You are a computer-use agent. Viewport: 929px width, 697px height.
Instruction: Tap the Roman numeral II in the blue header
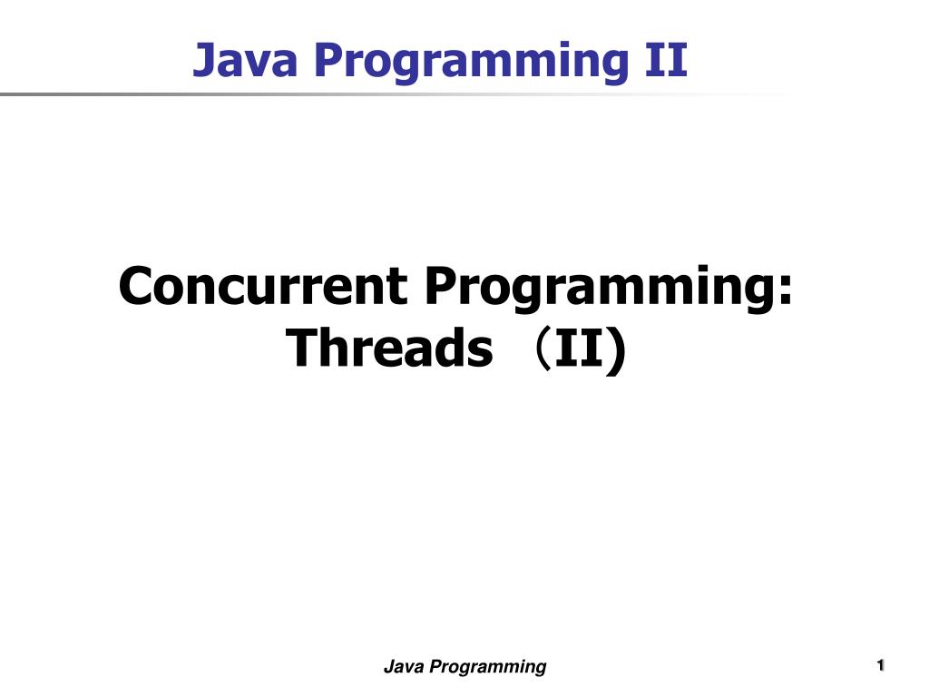click(x=663, y=60)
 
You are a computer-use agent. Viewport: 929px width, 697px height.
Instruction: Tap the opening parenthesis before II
click(x=541, y=349)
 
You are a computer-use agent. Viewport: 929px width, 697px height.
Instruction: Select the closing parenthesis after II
click(x=617, y=349)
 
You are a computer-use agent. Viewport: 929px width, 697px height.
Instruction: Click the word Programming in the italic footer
click(x=488, y=668)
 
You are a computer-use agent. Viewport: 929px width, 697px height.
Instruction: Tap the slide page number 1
click(x=880, y=667)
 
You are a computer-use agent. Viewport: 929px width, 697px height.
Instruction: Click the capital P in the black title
click(x=436, y=287)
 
